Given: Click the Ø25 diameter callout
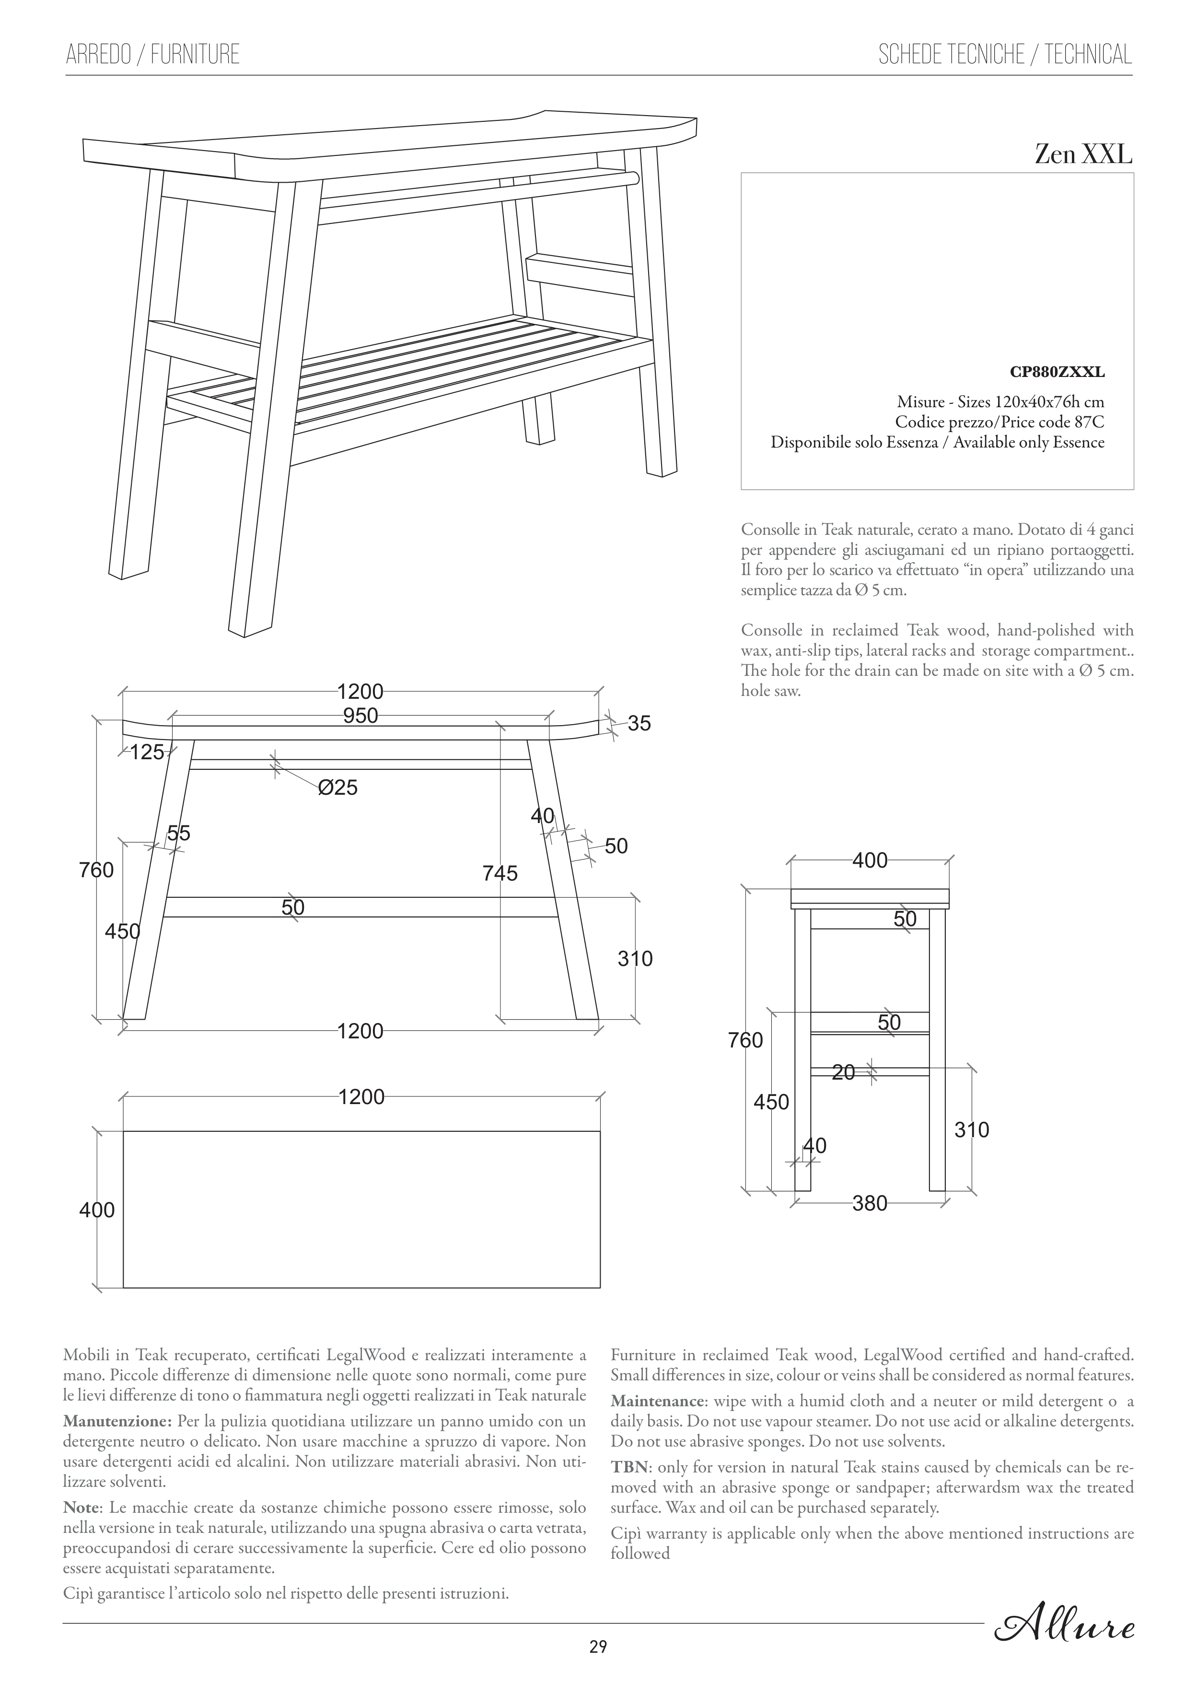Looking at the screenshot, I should point(338,788).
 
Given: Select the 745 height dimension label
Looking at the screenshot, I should point(500,873).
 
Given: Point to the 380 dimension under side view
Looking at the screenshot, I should point(870,1203).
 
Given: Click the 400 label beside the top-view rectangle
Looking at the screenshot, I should point(97,1210).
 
